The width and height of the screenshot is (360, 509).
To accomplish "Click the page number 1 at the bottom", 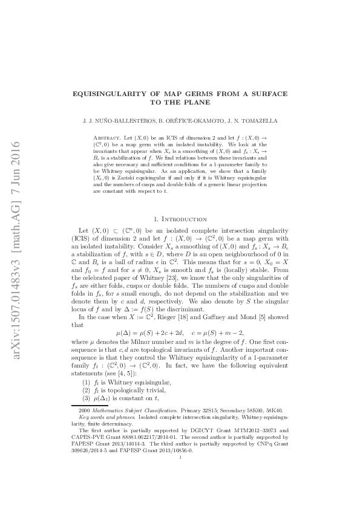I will coord(180,458).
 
